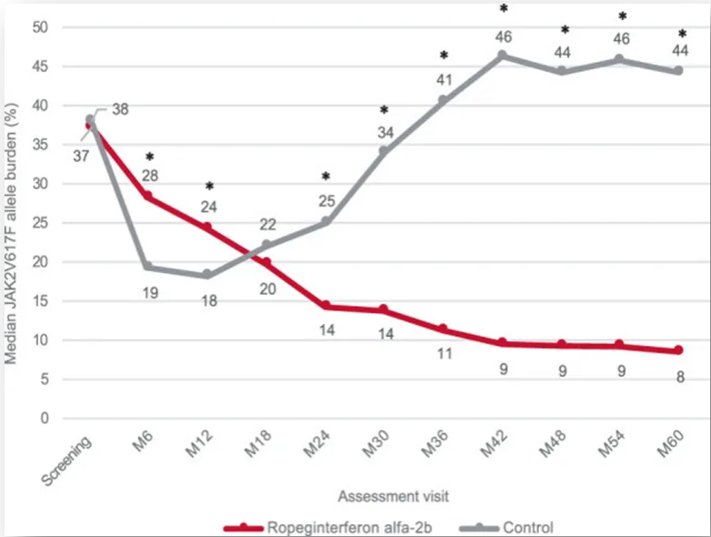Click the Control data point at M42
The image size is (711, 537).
(503, 56)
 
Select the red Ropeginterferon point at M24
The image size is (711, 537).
(325, 306)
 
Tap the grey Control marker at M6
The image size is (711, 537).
(148, 267)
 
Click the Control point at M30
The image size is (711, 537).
(385, 150)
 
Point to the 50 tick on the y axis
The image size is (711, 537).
(39, 27)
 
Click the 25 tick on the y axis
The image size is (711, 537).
(39, 223)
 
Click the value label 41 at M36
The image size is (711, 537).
(444, 77)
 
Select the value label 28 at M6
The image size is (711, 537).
(149, 175)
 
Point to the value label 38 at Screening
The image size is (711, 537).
(120, 109)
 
